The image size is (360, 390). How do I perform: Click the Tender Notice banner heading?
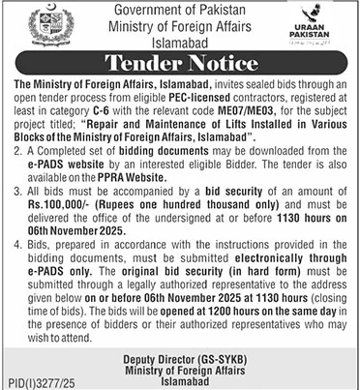(179, 66)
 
